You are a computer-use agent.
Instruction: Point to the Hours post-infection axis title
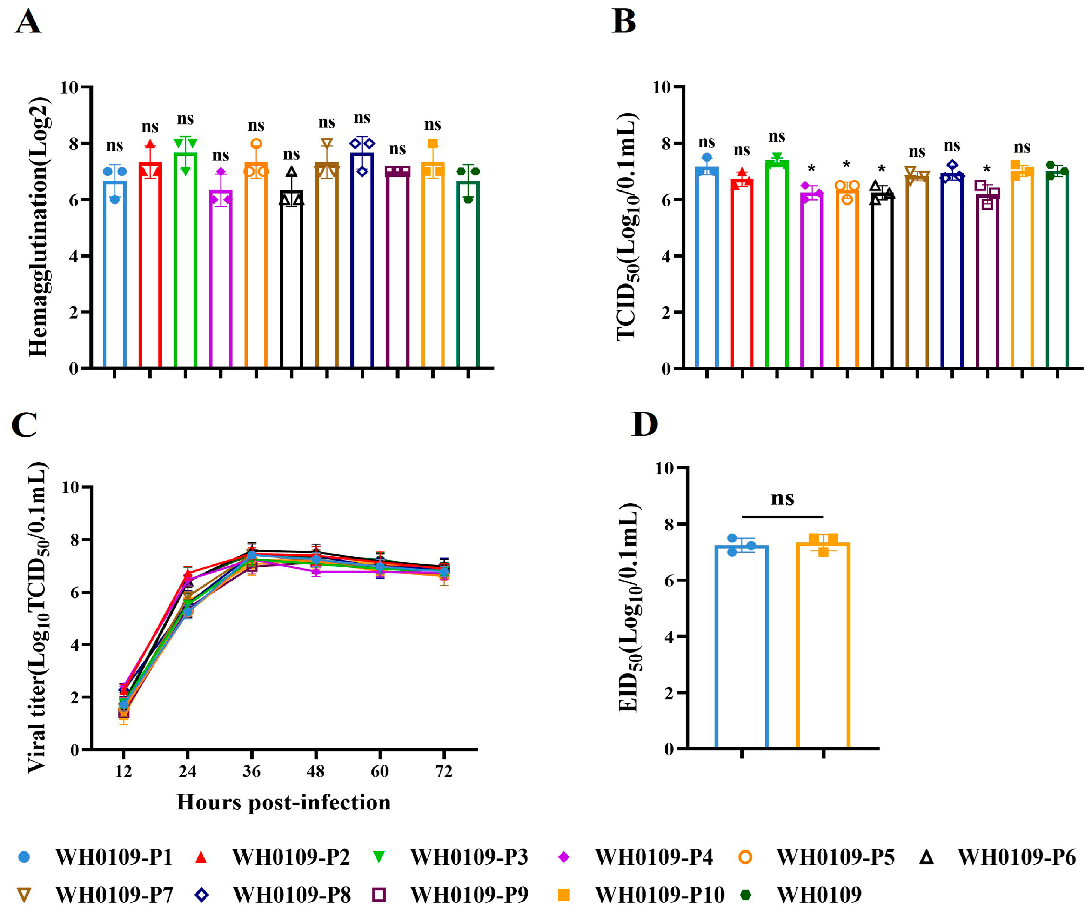click(283, 802)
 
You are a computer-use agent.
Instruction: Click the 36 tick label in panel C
click(252, 771)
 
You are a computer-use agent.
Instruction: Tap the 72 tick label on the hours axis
click(443, 771)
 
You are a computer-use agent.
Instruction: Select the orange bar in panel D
click(823, 646)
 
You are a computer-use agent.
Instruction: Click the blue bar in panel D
click(742, 647)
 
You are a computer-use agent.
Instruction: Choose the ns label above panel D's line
click(782, 498)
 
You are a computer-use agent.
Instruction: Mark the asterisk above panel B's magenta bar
click(811, 168)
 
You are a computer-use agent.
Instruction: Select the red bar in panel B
click(742, 274)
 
